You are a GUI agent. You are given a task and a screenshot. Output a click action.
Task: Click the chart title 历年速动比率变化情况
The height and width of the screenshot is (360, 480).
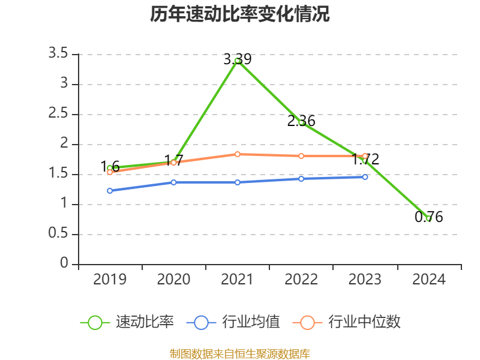point(240,14)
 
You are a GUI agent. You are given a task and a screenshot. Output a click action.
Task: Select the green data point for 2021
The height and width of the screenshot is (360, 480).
point(238,61)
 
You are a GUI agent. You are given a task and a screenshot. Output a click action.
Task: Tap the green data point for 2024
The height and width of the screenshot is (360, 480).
point(428,218)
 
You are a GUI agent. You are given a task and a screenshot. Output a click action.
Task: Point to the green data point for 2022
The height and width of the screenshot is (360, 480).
point(301,122)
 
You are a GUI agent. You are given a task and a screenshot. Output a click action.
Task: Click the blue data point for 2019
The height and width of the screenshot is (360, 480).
point(110,191)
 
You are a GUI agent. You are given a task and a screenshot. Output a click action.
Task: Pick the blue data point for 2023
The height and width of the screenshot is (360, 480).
point(365,177)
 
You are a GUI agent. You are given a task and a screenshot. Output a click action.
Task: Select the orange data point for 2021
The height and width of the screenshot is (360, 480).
point(238,154)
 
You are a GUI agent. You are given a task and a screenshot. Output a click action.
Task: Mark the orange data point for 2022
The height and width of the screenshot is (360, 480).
point(301,156)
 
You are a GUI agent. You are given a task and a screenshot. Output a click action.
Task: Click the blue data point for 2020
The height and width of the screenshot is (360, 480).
point(174,182)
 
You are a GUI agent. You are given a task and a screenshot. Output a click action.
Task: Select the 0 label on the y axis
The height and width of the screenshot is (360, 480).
point(65,264)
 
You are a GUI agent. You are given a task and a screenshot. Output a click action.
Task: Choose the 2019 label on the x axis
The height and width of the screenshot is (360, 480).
point(110,280)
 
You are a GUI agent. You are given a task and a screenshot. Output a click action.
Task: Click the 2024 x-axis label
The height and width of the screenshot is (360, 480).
point(428,280)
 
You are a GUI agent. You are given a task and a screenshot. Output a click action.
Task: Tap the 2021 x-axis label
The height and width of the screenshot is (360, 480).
point(238,280)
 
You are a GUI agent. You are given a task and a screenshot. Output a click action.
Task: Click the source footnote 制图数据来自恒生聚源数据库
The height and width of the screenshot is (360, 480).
point(240,353)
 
